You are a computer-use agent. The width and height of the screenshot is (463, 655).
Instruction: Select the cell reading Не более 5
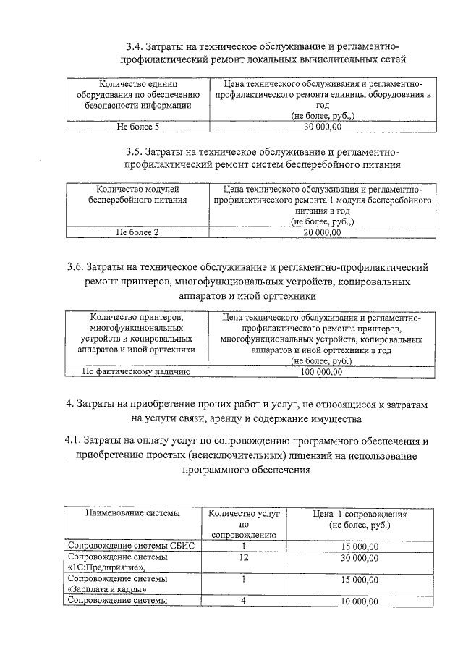tap(137, 127)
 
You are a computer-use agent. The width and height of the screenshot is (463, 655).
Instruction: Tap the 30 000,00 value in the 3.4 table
tap(322, 127)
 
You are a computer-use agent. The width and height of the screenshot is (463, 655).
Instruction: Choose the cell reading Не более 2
tap(137, 232)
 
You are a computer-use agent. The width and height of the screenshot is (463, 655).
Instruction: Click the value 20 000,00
tap(322, 232)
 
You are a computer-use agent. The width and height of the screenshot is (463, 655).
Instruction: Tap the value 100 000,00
tap(322, 372)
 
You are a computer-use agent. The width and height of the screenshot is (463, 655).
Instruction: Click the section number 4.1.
tap(75, 440)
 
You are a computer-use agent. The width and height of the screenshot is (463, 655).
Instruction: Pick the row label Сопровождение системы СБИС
tap(130, 546)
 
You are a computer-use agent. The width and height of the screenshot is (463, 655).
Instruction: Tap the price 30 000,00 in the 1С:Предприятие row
tap(360, 557)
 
